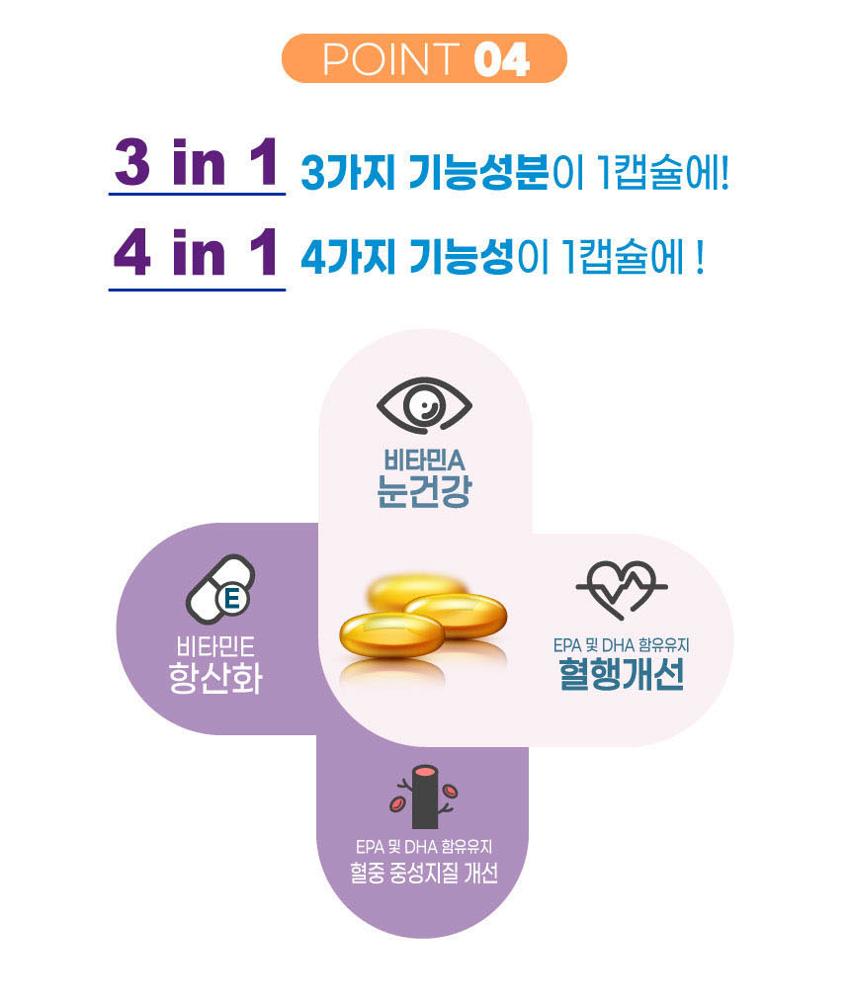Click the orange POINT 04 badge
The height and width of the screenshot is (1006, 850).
(x=424, y=58)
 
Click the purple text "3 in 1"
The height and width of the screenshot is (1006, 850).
(x=196, y=164)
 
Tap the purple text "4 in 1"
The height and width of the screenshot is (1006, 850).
(x=196, y=256)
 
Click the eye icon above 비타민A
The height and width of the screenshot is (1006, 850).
(x=425, y=406)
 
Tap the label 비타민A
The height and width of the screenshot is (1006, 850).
(x=423, y=461)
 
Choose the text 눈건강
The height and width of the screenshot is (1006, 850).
(x=423, y=491)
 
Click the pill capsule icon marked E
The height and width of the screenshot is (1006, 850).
(x=220, y=590)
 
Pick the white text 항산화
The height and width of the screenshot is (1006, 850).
(x=215, y=679)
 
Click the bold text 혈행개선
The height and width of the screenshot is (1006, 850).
(x=621, y=676)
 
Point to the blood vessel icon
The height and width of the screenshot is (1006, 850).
(x=425, y=796)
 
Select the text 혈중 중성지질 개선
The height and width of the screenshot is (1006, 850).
(x=423, y=875)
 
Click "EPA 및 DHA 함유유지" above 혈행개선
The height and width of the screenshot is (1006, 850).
(x=621, y=645)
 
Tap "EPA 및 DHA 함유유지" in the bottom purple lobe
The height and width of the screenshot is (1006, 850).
(x=423, y=846)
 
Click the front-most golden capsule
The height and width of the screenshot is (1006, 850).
(x=391, y=633)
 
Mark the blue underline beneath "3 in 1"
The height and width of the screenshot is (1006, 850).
(x=196, y=195)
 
